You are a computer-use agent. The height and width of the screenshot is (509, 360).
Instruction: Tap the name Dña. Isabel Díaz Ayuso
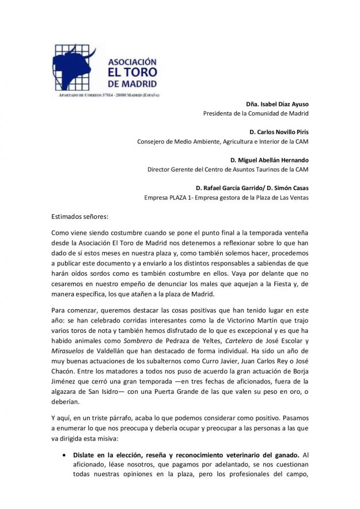277,104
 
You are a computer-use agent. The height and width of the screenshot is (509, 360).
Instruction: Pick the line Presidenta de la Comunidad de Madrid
256,113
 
